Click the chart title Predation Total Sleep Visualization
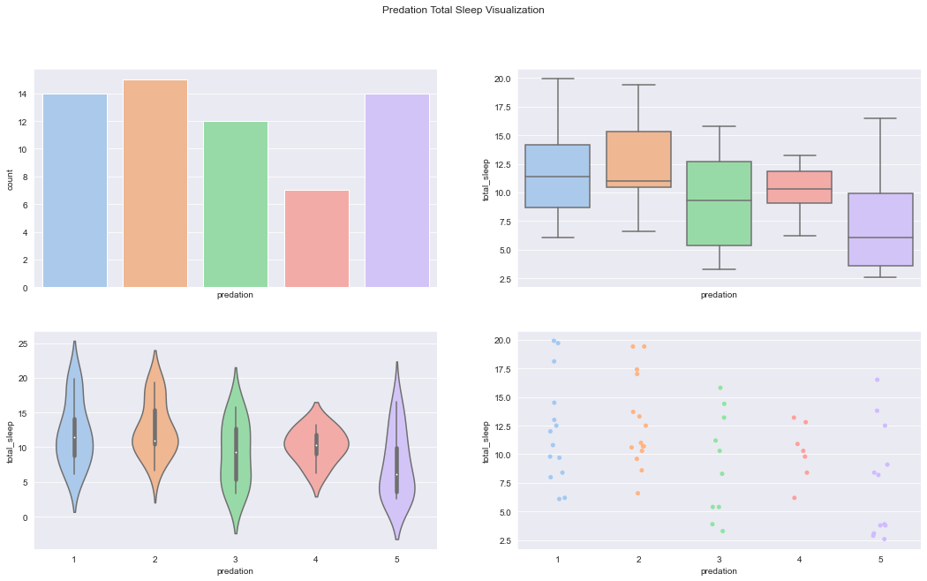[463, 11]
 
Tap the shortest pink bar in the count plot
[317, 238]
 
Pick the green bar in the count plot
[236, 204]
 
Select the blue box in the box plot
[557, 176]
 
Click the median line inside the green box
[719, 200]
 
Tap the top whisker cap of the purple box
[880, 118]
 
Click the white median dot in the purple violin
[397, 475]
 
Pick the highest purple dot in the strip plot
[877, 380]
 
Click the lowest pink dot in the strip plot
[795, 498]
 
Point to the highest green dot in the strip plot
[720, 388]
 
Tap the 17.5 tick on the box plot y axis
[501, 108]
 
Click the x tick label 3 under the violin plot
[236, 560]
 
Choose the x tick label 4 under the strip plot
[800, 560]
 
